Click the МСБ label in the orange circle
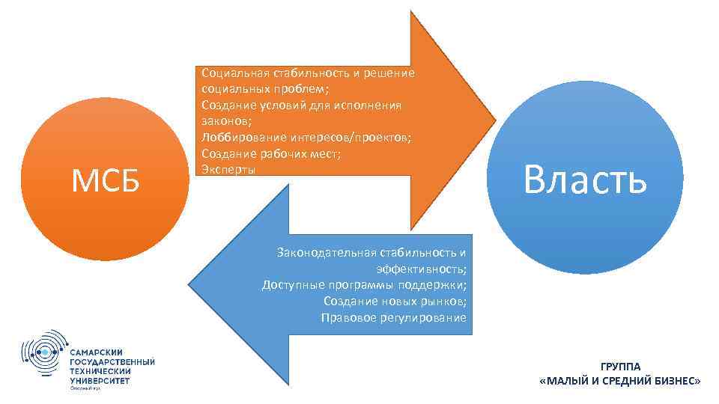(x=106, y=180)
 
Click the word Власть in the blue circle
(x=585, y=180)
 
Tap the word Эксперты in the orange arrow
(x=228, y=169)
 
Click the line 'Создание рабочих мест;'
(x=270, y=153)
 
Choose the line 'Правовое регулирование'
(x=393, y=317)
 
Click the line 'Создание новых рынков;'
(x=395, y=301)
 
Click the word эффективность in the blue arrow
(x=420, y=268)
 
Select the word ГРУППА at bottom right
(x=620, y=366)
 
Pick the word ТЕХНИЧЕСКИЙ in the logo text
(x=100, y=370)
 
